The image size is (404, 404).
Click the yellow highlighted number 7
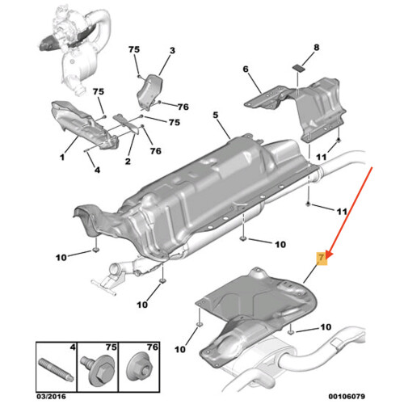[321, 259]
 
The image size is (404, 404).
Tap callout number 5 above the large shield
[216, 116]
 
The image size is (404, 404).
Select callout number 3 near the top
[171, 51]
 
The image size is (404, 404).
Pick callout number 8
[316, 48]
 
